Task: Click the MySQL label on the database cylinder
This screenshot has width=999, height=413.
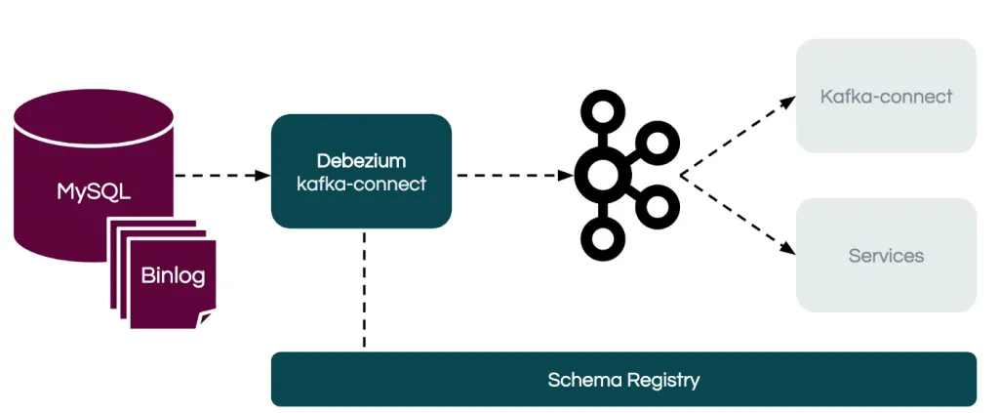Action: [94, 191]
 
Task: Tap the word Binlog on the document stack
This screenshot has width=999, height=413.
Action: [173, 275]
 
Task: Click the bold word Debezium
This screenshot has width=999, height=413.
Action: [361, 160]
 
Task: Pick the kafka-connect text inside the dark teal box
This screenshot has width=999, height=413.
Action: [361, 184]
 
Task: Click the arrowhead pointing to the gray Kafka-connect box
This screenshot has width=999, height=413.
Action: [787, 101]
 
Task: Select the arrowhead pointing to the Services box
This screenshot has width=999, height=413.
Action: [787, 251]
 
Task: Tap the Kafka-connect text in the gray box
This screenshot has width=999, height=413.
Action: [886, 97]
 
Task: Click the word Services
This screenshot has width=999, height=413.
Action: [886, 256]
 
